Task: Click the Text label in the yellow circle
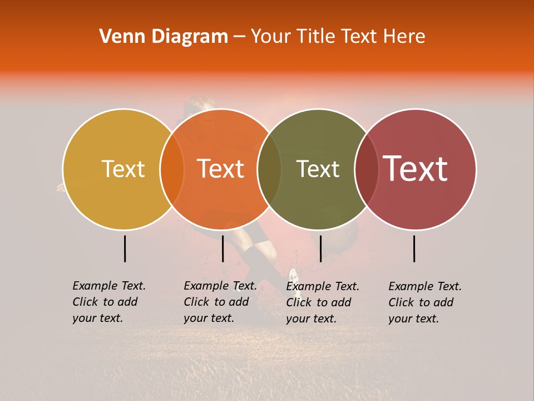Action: point(123,169)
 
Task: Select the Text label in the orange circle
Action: point(220,169)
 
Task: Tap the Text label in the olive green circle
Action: point(318,169)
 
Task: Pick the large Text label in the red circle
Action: point(416,169)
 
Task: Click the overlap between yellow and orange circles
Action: point(172,169)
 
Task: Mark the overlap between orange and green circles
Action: point(269,169)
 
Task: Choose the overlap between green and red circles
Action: point(367,169)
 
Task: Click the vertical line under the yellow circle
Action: point(125,248)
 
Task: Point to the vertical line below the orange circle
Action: point(222,248)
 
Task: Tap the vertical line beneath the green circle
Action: point(320,248)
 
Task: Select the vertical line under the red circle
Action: point(414,248)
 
